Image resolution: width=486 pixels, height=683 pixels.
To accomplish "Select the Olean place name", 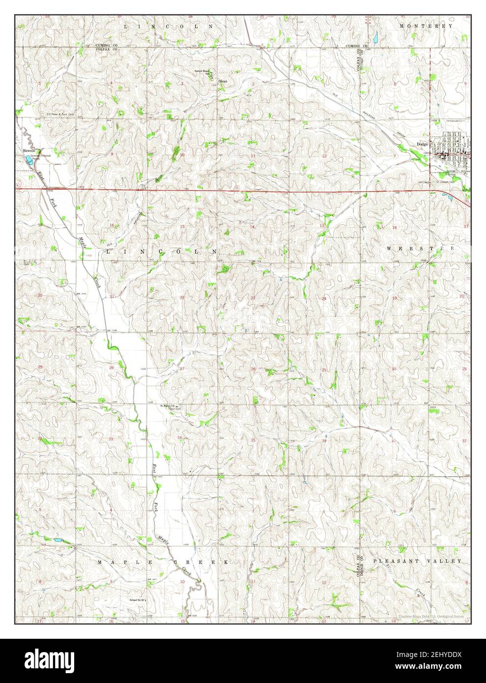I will point(223,81).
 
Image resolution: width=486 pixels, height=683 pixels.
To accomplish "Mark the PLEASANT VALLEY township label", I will point(424,561).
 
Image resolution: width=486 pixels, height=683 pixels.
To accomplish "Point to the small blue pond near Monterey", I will point(375,37).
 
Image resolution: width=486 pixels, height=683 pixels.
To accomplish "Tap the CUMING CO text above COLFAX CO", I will point(106,45).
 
